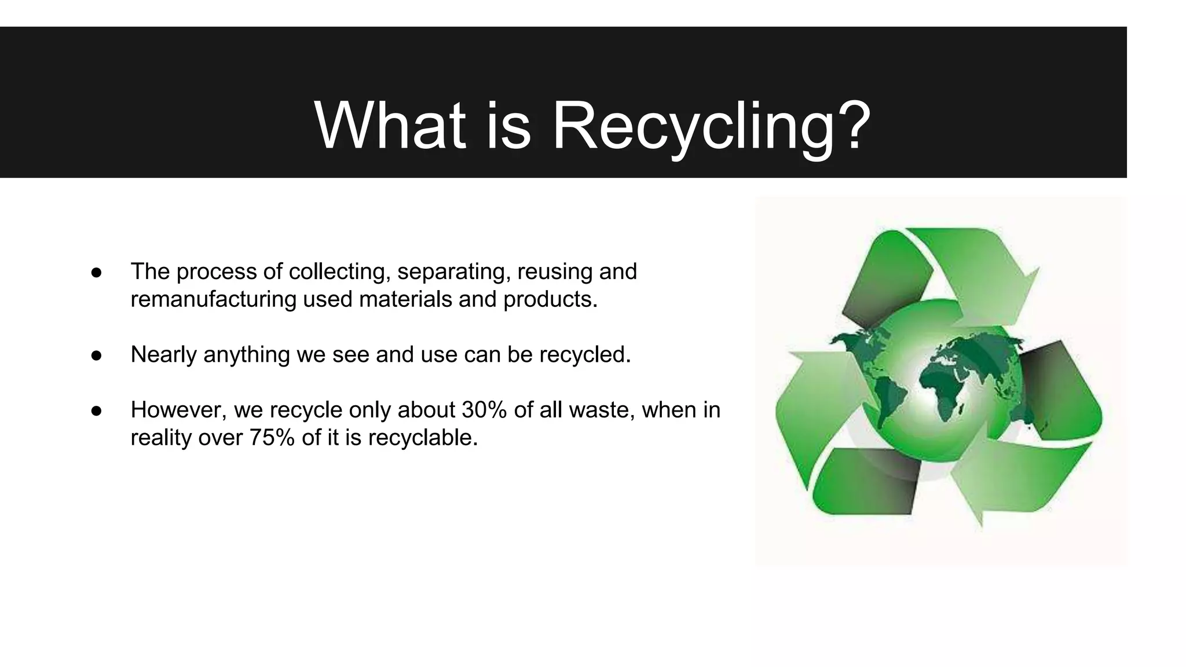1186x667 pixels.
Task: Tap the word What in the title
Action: [x=390, y=126]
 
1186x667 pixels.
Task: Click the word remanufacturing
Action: [x=213, y=299]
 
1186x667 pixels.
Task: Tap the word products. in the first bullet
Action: [x=550, y=299]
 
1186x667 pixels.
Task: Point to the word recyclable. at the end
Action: [x=423, y=438]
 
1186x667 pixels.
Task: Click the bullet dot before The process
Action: [x=96, y=272]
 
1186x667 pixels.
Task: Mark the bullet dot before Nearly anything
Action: [x=96, y=355]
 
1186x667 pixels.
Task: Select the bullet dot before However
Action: [x=96, y=411]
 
